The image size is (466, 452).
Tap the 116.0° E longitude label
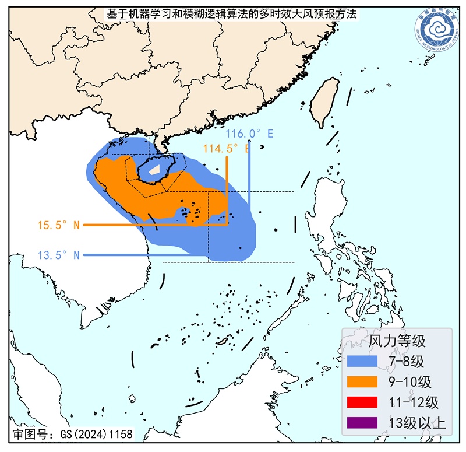249,134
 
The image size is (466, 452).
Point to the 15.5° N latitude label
58,225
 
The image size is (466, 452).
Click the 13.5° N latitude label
58,254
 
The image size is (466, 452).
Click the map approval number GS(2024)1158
73,435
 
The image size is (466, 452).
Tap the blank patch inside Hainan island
154,171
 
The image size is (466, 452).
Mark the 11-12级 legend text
414,402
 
